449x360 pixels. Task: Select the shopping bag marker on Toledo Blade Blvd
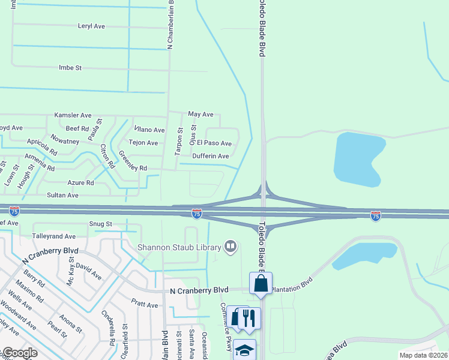click(x=261, y=283)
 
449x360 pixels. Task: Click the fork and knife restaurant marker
click(x=250, y=318)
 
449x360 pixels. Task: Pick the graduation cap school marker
click(x=245, y=350)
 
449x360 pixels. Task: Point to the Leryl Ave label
click(x=91, y=26)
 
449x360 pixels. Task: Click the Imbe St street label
click(x=70, y=68)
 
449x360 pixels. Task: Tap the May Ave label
click(x=200, y=114)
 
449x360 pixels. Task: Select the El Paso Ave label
click(x=214, y=143)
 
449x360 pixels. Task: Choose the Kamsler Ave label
click(x=73, y=115)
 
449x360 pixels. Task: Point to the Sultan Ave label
click(x=63, y=195)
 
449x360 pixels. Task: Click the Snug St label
click(x=100, y=224)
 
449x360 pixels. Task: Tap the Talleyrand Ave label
click(x=54, y=236)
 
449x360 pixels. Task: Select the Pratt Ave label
click(x=145, y=305)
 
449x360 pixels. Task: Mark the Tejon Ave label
click(x=143, y=143)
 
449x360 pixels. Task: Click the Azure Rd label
click(x=80, y=182)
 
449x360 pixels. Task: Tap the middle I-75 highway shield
click(x=196, y=213)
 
